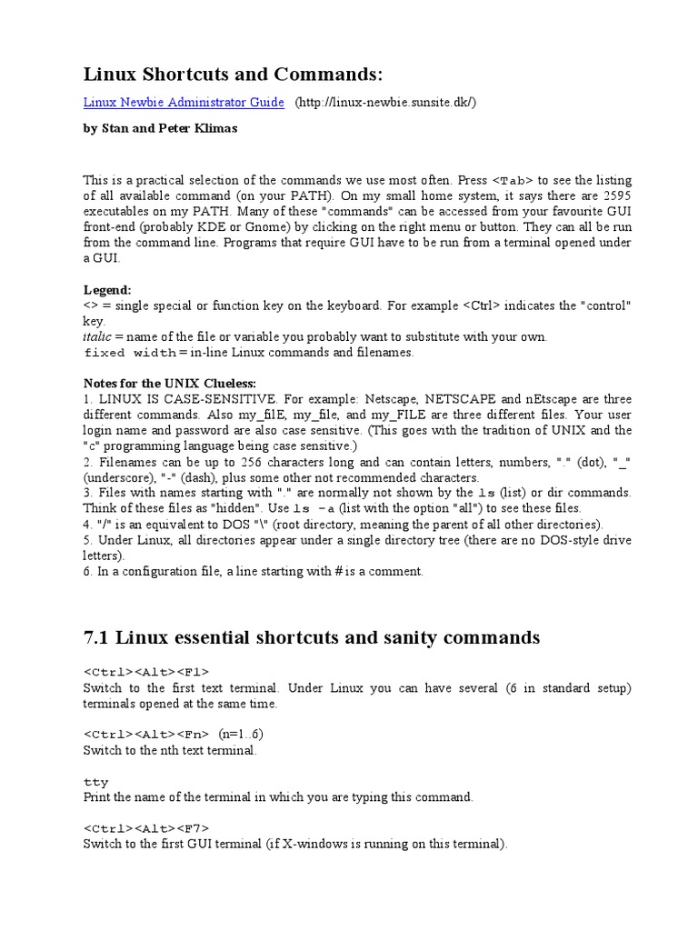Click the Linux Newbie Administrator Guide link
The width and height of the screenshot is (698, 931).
coord(184,103)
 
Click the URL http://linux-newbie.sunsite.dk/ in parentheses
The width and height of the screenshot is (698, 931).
coord(384,103)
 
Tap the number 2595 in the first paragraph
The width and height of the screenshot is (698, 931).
coord(616,195)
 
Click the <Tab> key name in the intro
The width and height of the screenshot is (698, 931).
coord(510,180)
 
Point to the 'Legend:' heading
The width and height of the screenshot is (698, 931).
coord(107,289)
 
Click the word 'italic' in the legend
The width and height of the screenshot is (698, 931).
coord(96,336)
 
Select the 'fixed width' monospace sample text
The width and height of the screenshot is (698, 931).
coord(130,353)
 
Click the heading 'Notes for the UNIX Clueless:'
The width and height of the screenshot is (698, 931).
coord(169,383)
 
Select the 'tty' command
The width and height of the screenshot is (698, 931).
coord(95,781)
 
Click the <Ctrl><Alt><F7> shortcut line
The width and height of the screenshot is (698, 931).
coord(146,828)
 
